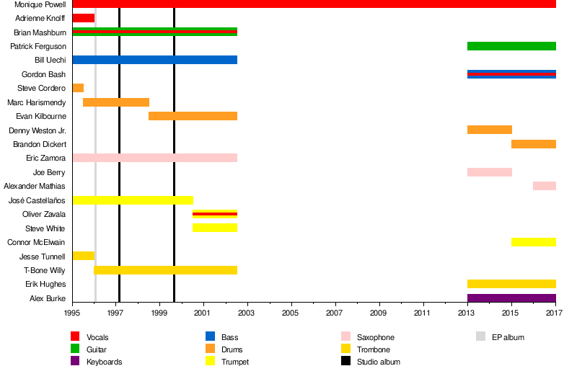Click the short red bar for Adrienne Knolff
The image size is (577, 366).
(x=84, y=18)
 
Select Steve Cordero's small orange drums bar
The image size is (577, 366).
(x=78, y=88)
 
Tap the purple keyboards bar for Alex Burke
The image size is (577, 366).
(x=511, y=298)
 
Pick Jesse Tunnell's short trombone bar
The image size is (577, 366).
(x=84, y=256)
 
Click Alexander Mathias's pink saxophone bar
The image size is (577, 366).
(x=545, y=186)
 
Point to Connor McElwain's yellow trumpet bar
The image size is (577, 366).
(x=534, y=242)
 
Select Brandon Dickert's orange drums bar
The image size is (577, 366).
(x=534, y=144)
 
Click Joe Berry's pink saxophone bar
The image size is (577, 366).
(x=490, y=172)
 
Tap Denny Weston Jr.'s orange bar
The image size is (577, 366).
(x=490, y=130)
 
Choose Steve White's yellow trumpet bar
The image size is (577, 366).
(x=215, y=228)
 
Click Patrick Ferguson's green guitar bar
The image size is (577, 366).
(x=511, y=46)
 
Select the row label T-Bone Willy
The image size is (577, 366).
(x=48, y=270)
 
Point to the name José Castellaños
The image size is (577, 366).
(x=37, y=200)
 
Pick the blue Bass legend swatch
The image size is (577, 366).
(x=211, y=337)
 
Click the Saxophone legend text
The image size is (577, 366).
(x=376, y=337)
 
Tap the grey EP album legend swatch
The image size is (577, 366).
(x=480, y=337)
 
